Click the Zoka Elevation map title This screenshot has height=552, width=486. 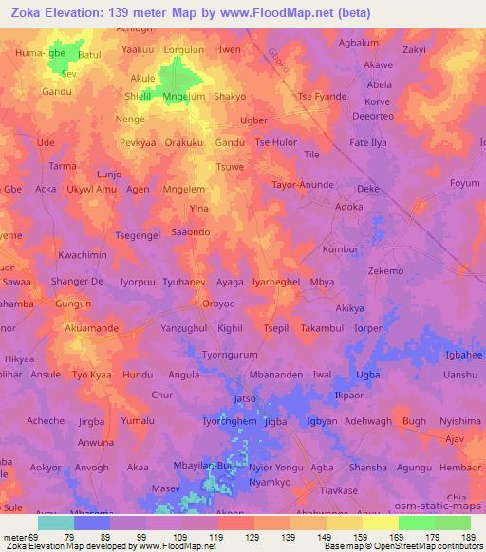click(x=186, y=12)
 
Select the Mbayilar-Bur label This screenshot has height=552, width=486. click(x=202, y=467)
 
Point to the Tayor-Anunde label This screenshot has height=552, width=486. click(x=304, y=185)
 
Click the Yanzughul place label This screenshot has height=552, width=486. click(x=184, y=327)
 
